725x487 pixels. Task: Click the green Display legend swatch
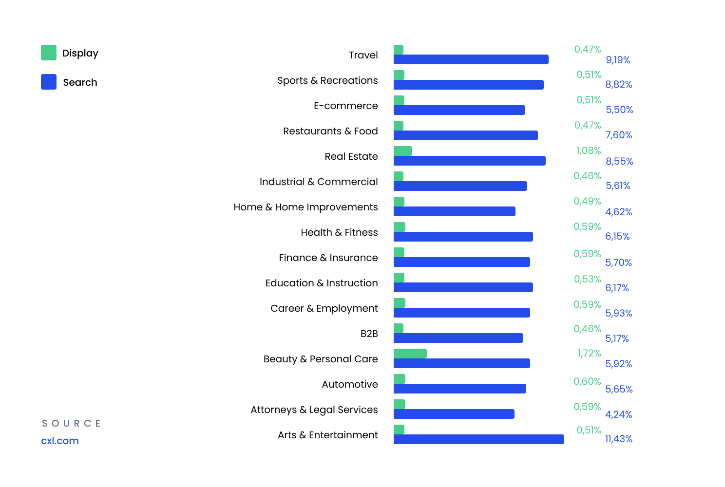49,53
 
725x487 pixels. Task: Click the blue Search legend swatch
49,82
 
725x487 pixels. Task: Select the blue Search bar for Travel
471,59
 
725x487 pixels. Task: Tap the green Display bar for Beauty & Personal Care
410,354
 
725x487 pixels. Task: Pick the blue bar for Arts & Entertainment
478,439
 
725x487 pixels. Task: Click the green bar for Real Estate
402,151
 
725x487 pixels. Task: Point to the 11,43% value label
618,439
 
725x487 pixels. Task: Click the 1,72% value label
589,353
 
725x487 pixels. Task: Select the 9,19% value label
618,60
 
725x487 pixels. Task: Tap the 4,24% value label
618,414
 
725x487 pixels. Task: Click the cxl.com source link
60,441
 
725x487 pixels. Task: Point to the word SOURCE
71,423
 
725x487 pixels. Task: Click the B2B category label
369,334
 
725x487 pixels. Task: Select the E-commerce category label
345,106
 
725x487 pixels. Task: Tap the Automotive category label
350,384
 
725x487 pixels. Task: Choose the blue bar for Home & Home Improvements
455,212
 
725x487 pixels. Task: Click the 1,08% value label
589,150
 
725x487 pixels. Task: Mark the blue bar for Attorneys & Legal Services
454,414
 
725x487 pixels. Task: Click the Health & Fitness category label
339,232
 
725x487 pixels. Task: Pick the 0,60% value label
587,381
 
